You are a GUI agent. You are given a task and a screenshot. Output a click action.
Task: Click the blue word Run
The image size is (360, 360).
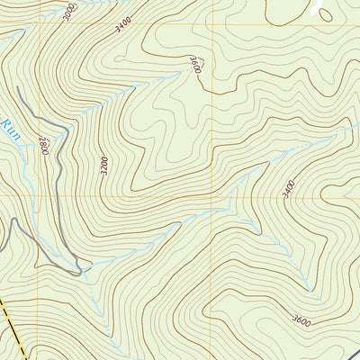click(x=10, y=130)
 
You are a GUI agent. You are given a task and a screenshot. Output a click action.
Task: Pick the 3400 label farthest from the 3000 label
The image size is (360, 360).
click(x=290, y=188)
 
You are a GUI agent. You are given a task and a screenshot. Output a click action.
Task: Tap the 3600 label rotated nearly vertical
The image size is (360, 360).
click(x=194, y=65)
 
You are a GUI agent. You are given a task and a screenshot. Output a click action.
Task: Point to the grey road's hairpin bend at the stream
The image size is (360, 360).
click(x=80, y=269)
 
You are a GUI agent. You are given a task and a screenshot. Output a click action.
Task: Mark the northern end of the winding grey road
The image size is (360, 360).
click(x=18, y=87)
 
